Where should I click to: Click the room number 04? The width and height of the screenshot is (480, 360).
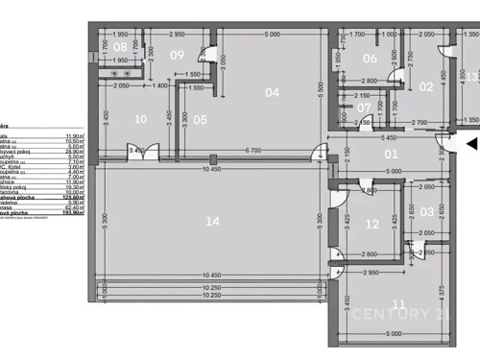[x=272, y=93]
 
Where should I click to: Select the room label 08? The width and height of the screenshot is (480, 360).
[x=120, y=47]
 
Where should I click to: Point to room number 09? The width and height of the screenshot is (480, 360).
[x=177, y=55]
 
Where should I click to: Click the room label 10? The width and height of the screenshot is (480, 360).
[x=141, y=120]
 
